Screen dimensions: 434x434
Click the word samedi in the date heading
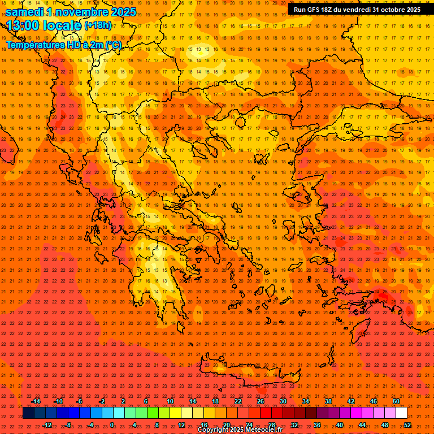pyautogui.click(x=25, y=11)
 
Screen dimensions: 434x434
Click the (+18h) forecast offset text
pyautogui.click(x=97, y=25)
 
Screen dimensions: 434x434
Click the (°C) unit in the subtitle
pyautogui.click(x=113, y=45)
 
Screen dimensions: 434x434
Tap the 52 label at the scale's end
pyautogui.click(x=407, y=425)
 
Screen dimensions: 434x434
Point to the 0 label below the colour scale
pyautogui.click(x=112, y=425)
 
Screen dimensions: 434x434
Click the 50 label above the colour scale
pyautogui.click(x=396, y=401)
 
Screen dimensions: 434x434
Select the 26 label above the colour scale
pyautogui.click(x=260, y=401)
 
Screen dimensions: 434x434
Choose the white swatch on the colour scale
pyautogui.click(x=401, y=413)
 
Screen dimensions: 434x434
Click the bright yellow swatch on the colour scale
pyautogui.click(x=175, y=413)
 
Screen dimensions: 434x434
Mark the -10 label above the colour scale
pyautogui.click(x=58, y=401)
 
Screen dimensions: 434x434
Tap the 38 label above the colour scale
pyautogui.click(x=328, y=401)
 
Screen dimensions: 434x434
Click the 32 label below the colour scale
pyautogui.click(x=294, y=425)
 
